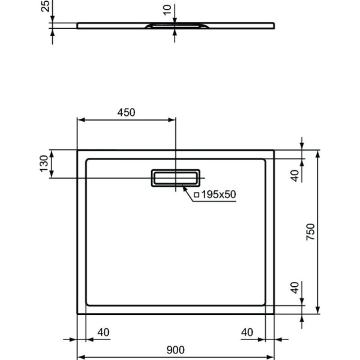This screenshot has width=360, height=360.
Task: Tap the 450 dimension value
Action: point(126,112)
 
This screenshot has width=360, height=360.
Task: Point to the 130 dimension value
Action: point(43,164)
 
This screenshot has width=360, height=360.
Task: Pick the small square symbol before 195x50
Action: point(196,194)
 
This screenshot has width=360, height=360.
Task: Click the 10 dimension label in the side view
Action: point(167,10)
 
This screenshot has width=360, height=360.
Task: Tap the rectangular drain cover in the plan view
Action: point(176,178)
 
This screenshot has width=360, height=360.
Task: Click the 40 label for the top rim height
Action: point(294,175)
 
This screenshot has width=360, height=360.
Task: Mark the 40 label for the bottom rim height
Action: point(294,288)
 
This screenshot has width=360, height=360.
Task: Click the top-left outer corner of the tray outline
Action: point(77,151)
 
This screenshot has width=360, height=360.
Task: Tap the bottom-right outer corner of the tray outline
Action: point(275,314)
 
